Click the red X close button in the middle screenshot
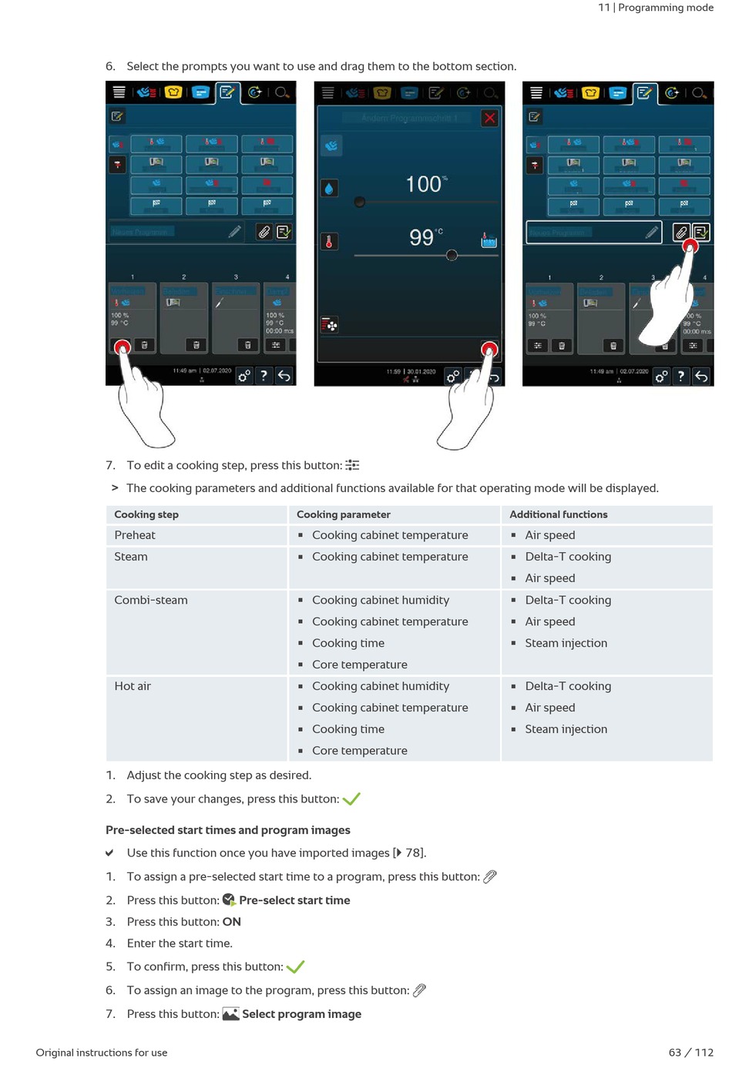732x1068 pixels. tap(489, 118)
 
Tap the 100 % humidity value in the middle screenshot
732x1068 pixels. tap(425, 184)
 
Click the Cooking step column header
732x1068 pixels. tap(146, 514)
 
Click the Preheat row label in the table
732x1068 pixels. tap(135, 535)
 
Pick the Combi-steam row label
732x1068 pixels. tap(151, 600)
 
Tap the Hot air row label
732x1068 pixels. tap(133, 686)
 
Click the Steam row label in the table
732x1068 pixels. tap(131, 557)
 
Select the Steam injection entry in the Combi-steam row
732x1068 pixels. tap(566, 643)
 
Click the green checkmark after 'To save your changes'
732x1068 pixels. tap(351, 799)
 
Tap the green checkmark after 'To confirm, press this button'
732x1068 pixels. tap(295, 967)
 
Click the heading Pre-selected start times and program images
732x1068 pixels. tap(228, 830)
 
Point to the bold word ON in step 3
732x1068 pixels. tap(232, 922)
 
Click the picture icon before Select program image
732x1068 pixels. tap(230, 1014)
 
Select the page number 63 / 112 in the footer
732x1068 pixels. tap(690, 1053)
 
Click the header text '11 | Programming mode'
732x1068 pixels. tap(656, 8)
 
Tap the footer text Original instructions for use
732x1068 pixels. tap(102, 1053)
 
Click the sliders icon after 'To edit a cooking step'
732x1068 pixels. tap(352, 465)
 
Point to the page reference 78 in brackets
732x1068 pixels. tap(413, 853)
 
